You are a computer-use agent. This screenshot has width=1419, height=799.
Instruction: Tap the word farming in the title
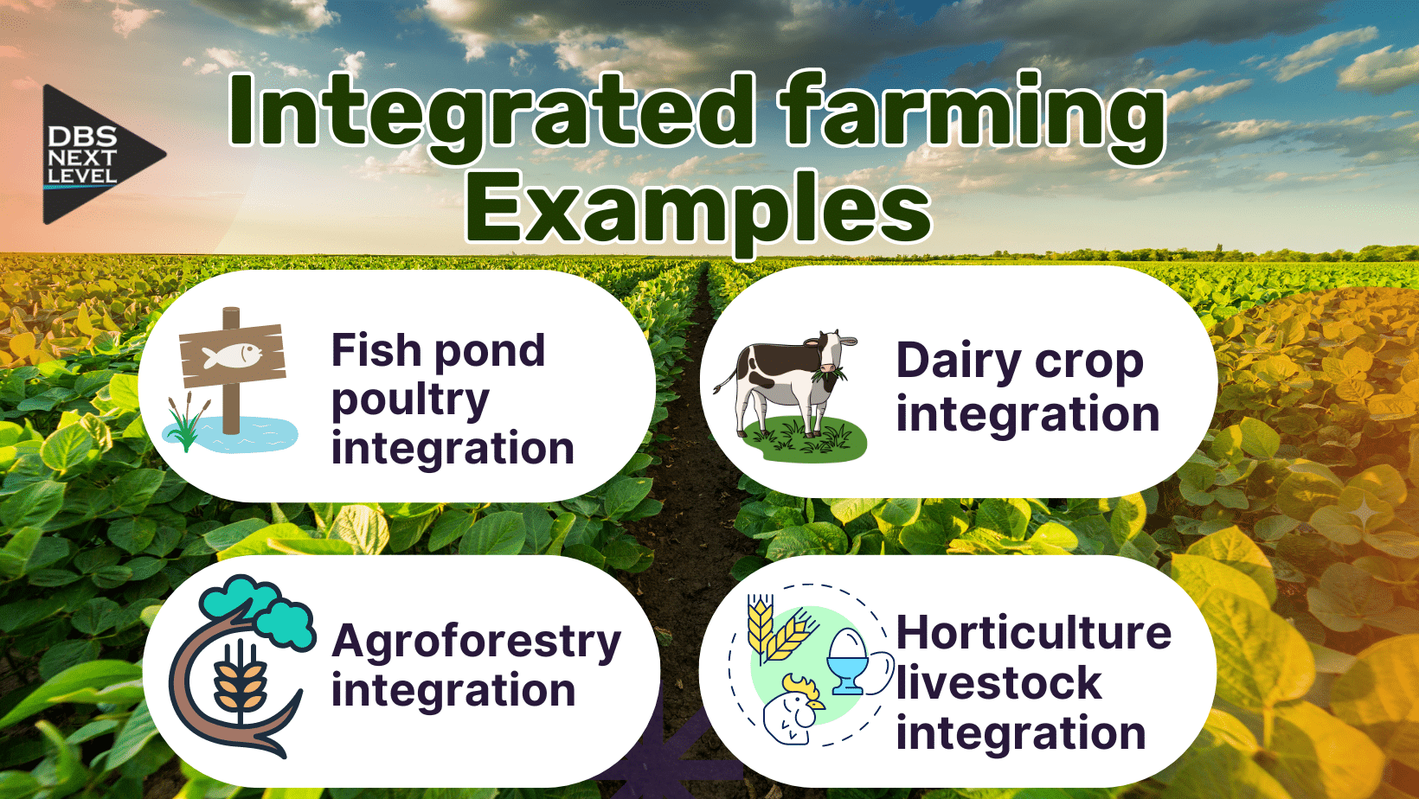tap(971, 112)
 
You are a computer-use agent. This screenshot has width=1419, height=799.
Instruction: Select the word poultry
tap(410, 399)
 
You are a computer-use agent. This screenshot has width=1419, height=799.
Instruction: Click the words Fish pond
tap(438, 350)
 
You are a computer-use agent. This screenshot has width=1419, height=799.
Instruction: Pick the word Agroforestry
tap(476, 642)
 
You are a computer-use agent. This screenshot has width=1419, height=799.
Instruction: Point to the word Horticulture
tap(1033, 632)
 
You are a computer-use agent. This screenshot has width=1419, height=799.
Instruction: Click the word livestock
tap(998, 683)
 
